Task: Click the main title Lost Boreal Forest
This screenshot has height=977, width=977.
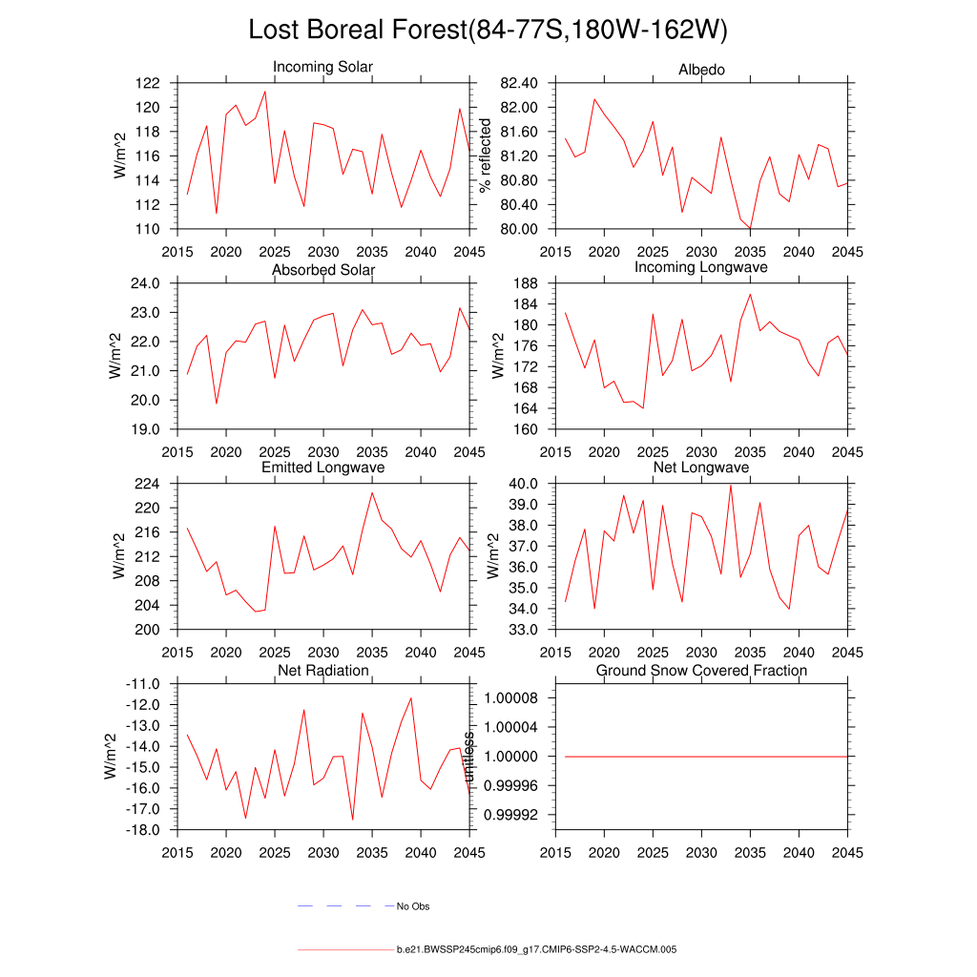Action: coord(488,31)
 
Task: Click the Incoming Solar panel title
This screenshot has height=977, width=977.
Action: coord(322,68)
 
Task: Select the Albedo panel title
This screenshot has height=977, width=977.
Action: coord(701,70)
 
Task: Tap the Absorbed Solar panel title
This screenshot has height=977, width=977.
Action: coord(323,270)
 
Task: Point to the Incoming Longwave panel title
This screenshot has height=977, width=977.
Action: coord(701,267)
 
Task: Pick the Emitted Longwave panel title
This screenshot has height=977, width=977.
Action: coord(323,468)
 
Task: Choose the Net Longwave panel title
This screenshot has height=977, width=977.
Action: coord(701,468)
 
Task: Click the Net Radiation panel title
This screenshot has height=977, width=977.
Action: coord(323,671)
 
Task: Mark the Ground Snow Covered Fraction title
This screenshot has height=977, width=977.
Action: coord(701,671)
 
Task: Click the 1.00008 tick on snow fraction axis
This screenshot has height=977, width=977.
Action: coord(516,698)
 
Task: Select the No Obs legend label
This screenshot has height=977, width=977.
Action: coord(413,906)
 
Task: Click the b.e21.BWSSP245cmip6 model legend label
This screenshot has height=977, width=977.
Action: coord(536,950)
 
